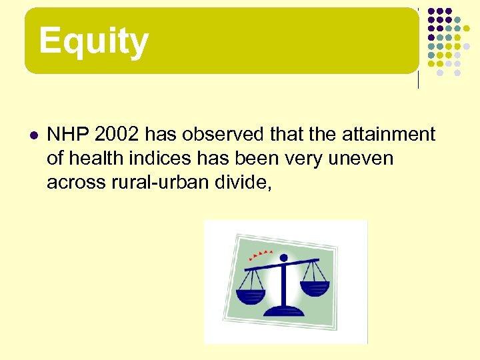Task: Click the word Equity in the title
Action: [93, 41]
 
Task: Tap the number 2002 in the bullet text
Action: [117, 135]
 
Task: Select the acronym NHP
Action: [69, 135]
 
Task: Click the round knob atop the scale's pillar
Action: [283, 257]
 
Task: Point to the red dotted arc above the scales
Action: [260, 253]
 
